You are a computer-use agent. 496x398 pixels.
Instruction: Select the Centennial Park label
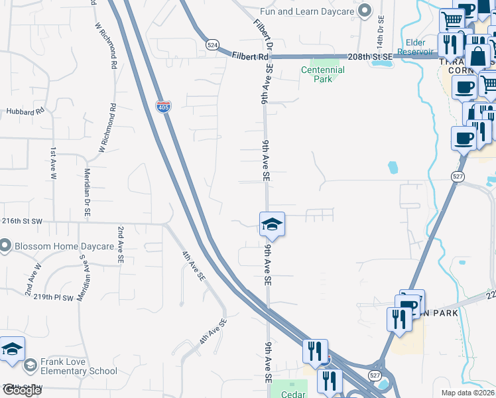coord(322,74)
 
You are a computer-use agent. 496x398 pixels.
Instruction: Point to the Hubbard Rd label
coord(25,111)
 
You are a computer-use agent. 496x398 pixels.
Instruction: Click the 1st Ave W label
coord(53,161)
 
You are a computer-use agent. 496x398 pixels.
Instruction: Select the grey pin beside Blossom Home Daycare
coord(5,247)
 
